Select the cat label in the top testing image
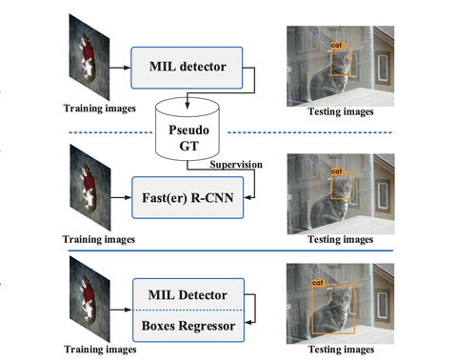336,45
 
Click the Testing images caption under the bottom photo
339,350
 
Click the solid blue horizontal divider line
228,250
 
